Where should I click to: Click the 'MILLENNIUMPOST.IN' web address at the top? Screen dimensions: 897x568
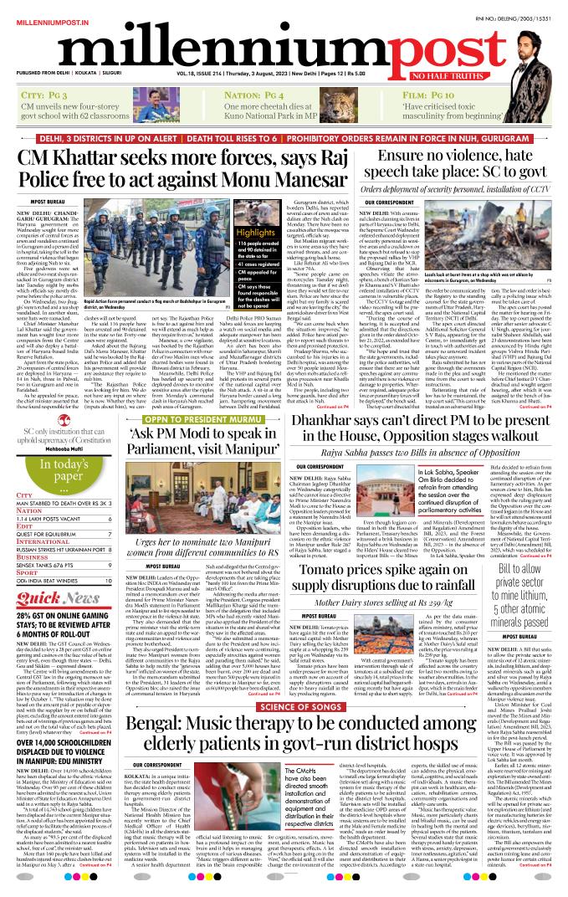(39, 7)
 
